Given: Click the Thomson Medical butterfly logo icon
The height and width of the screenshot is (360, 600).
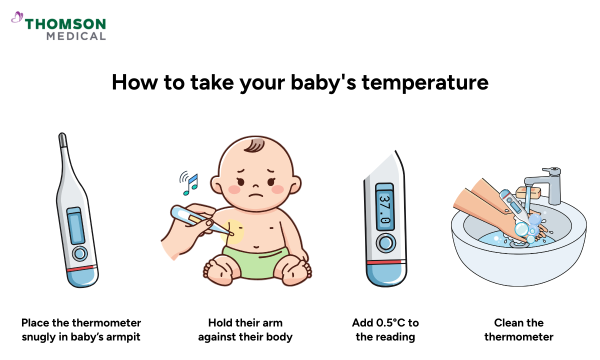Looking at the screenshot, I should click(x=17, y=18).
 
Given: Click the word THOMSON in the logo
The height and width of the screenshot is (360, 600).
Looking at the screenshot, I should click(x=65, y=24).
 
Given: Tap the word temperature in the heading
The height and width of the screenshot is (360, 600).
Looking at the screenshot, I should click(x=425, y=82).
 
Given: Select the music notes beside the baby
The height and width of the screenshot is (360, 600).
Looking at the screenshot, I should click(x=190, y=183).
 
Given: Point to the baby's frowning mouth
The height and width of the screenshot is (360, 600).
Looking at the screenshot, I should click(x=256, y=194).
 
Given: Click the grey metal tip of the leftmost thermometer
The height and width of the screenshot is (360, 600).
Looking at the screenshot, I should click(x=62, y=139).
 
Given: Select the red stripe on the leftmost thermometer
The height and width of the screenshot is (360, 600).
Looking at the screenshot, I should click(x=81, y=269).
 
